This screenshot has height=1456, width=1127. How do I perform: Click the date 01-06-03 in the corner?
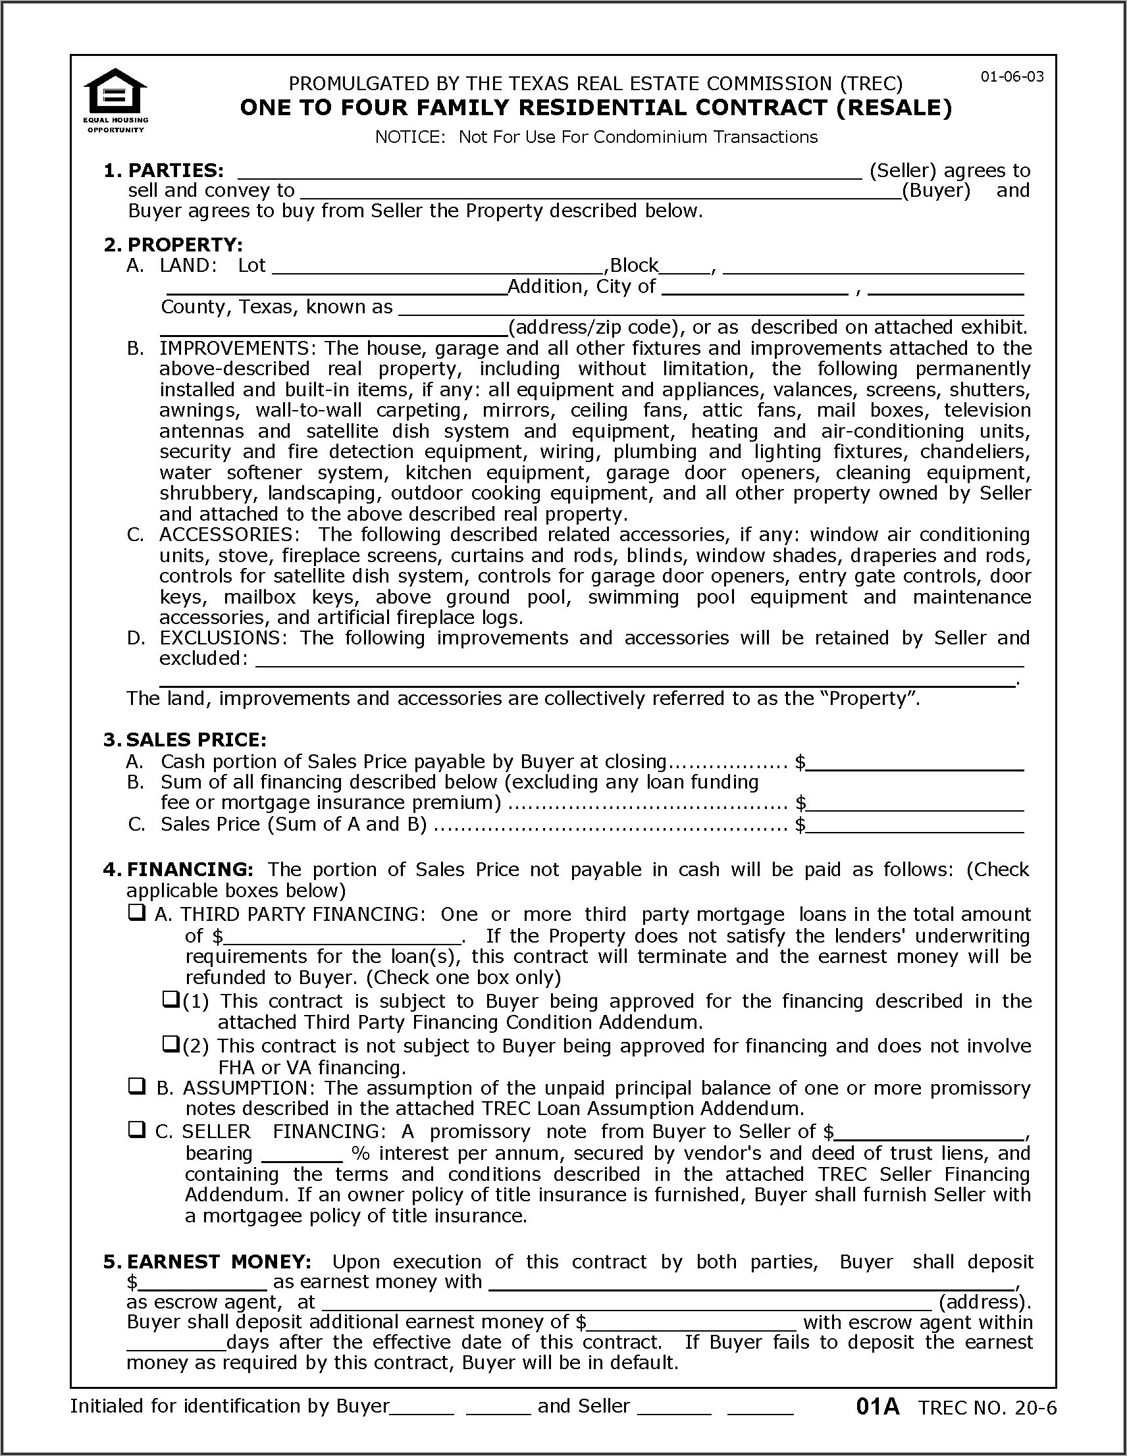pos(1012,76)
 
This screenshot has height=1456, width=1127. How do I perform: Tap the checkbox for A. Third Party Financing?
pos(137,913)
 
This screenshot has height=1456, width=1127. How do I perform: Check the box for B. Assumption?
pos(137,1087)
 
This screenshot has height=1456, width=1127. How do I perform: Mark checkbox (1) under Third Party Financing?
pos(171,999)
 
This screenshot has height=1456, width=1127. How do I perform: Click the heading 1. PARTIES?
pos(163,170)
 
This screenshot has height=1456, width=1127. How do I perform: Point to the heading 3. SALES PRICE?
pos(185,740)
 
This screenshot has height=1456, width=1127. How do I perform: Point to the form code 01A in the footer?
pos(878,1407)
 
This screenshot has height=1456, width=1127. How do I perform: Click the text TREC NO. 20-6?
pos(987,1408)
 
